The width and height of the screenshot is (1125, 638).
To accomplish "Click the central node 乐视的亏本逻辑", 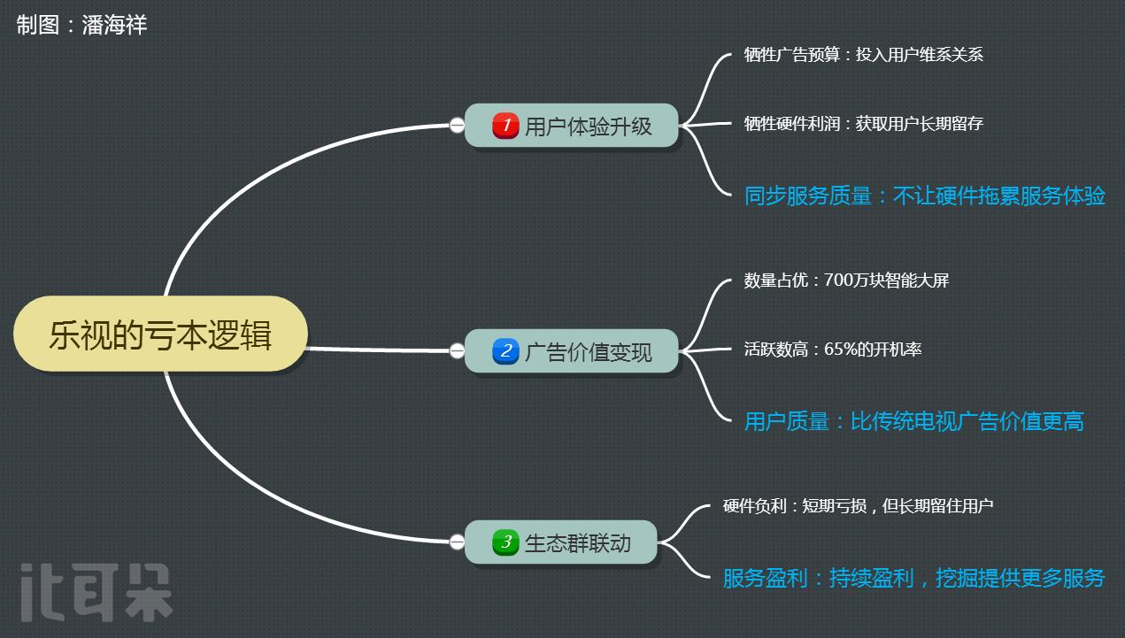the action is point(160,334).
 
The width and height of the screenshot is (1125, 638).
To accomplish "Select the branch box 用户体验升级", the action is point(572,126).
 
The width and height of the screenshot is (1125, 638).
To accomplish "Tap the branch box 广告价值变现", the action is point(572,351).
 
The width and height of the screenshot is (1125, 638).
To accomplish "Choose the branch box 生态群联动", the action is point(561,542).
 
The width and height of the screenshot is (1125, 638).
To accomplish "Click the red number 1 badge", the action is point(505,126).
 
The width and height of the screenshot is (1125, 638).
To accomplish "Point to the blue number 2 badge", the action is point(505,351).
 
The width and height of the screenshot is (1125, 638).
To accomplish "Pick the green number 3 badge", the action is point(505,542).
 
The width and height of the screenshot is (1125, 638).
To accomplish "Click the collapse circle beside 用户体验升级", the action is point(457,126).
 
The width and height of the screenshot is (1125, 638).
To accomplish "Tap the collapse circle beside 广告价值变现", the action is point(457,351).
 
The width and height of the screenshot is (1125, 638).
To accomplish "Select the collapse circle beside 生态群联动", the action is point(457,542).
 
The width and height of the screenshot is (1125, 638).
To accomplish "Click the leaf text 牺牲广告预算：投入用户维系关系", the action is point(863,55).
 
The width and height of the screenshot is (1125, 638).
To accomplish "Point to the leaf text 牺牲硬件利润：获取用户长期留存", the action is point(863,124).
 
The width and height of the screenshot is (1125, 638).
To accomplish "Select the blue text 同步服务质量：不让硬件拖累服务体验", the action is point(924,196).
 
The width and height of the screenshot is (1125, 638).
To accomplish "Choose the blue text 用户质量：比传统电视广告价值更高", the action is point(913,421).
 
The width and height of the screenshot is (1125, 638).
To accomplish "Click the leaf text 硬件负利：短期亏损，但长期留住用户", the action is point(858,506).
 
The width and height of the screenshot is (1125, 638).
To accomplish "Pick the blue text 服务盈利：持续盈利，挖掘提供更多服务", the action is point(913,579).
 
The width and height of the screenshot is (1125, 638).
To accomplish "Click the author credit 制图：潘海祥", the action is point(81,25).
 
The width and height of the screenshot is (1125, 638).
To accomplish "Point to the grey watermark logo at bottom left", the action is point(96,591).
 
